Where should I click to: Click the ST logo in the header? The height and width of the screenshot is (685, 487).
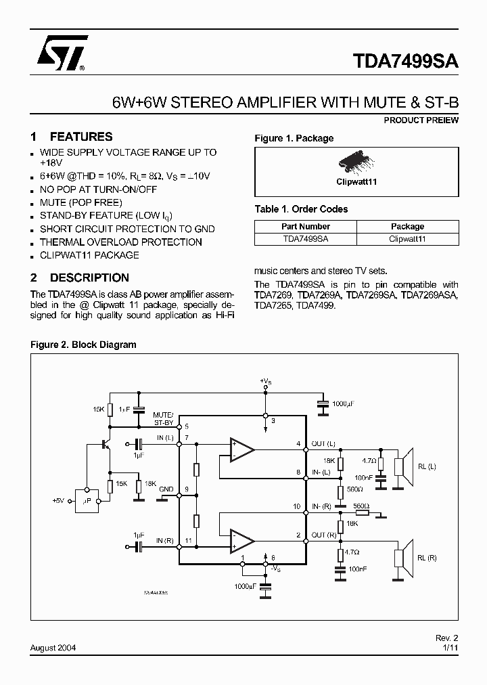click(60, 54)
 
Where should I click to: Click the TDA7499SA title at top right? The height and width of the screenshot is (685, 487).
click(406, 61)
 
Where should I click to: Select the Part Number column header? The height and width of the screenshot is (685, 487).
click(305, 226)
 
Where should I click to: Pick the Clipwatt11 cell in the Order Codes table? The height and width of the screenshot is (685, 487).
click(407, 238)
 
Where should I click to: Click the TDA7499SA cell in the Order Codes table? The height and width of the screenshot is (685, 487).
click(305, 238)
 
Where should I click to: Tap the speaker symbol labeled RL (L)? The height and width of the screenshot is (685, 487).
click(403, 467)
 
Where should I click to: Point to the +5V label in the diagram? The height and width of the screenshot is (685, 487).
click(60, 500)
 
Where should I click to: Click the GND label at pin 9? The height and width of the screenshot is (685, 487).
click(166, 489)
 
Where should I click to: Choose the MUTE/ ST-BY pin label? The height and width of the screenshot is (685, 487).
click(163, 418)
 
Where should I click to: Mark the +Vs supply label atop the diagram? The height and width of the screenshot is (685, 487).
click(266, 382)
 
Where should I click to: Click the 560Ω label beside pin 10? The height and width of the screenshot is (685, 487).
click(361, 506)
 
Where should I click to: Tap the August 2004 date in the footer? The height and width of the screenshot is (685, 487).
click(53, 647)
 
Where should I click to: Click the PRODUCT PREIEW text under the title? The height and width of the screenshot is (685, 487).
click(421, 120)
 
